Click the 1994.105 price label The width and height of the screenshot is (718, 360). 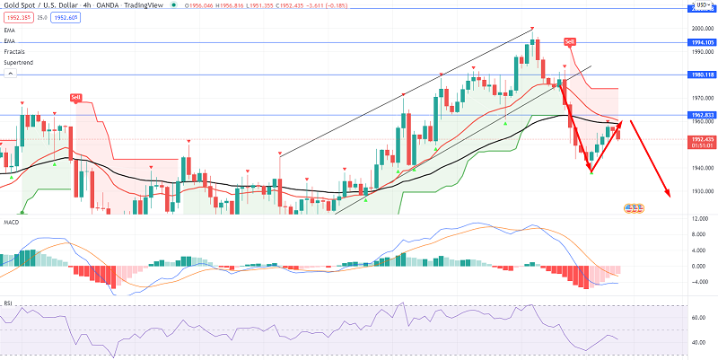[702, 42]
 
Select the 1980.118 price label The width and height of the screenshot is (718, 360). [702, 75]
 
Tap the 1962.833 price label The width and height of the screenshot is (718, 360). [702, 116]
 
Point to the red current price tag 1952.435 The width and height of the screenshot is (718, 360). [702, 140]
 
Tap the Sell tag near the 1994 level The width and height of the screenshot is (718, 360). [569, 42]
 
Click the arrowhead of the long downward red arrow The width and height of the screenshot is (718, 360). [668, 193]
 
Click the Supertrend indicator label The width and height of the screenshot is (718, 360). [17, 63]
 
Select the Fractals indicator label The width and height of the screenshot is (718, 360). [13, 52]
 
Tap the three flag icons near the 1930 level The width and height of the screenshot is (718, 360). [635, 208]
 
